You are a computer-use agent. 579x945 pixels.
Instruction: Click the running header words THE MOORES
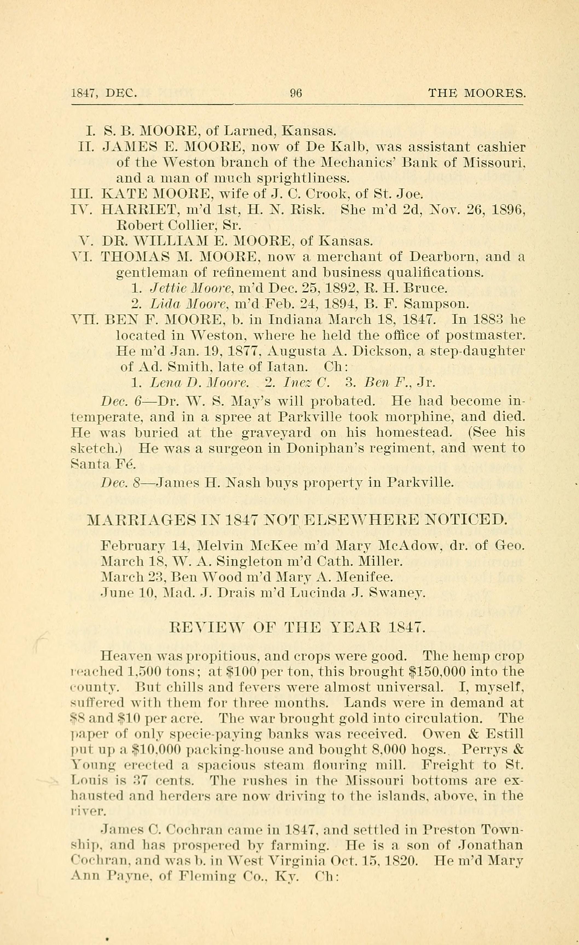pyautogui.click(x=476, y=93)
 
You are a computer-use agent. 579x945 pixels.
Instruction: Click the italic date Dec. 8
pyautogui.click(x=120, y=482)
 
